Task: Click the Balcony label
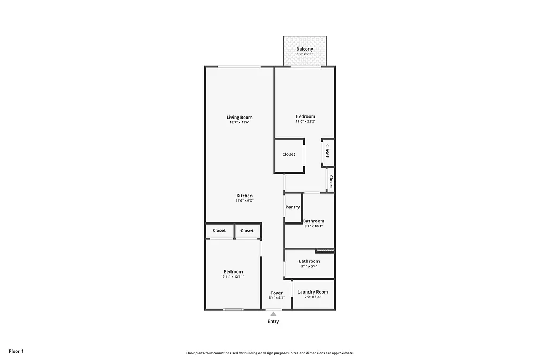tap(304, 49)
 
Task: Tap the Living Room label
tap(239, 118)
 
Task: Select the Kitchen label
tap(244, 196)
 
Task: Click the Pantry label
tap(293, 207)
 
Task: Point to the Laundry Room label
tap(313, 292)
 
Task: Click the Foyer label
tap(277, 293)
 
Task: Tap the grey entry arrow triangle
tap(273, 314)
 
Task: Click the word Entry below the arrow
tap(273, 322)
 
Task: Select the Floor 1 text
tap(16, 351)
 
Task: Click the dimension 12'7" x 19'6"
tap(239, 122)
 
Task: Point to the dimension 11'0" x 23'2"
tap(305, 122)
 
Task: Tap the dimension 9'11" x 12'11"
tap(233, 277)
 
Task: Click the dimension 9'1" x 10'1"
tap(313, 226)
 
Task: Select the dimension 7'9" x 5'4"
tap(313, 297)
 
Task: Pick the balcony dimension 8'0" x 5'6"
tap(304, 54)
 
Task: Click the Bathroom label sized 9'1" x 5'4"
tap(309, 261)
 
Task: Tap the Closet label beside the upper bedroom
tap(289, 154)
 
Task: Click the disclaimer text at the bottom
tap(269, 353)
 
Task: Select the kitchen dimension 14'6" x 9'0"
tap(244, 200)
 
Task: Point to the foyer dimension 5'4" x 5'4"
tap(277, 298)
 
